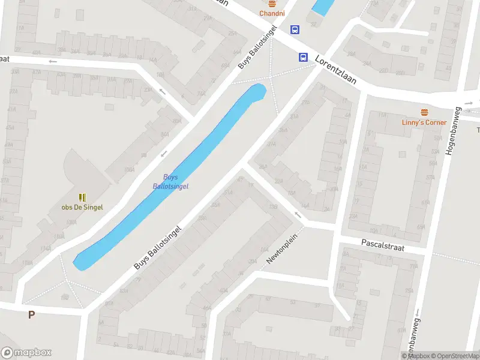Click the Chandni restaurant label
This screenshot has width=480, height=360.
tap(272, 13)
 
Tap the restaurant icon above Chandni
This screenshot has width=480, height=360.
tap(272, 3)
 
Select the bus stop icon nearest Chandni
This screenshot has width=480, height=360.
tap(295, 29)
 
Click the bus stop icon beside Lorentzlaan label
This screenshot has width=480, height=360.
tap(304, 58)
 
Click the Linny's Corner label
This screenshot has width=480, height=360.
tap(424, 122)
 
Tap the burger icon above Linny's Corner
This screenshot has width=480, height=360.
tap(425, 112)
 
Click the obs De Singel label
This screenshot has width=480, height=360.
tap(82, 208)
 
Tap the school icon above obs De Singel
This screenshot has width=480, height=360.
tap(82, 197)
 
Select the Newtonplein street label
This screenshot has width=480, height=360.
tap(282, 248)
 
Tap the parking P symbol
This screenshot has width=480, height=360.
tap(31, 314)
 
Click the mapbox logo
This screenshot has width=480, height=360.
tap(26, 353)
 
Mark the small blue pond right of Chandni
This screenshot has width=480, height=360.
tap(323, 7)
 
